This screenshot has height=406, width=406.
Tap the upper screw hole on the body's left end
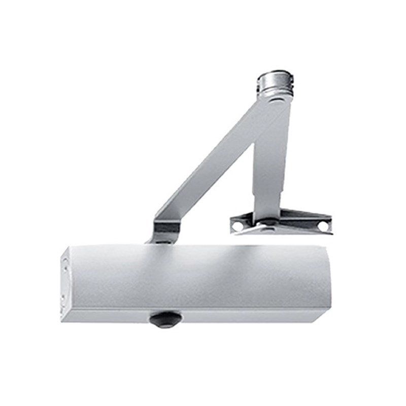pyautogui.click(x=64, y=261)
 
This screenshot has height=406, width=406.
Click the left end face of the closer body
pyautogui.click(x=64, y=282)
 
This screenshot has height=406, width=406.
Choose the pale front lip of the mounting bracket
pyautogui.click(x=284, y=230)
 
